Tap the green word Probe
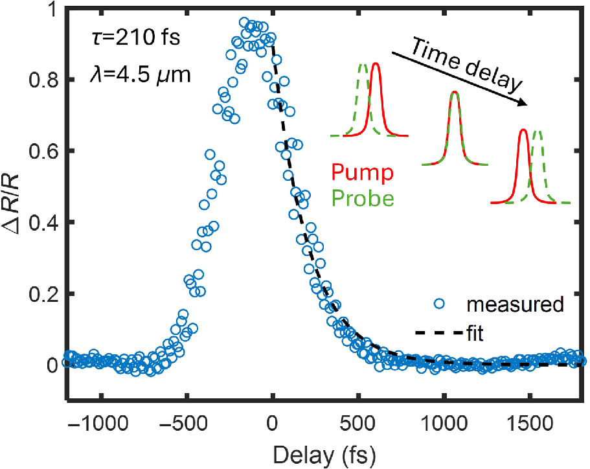(x=369, y=198)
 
